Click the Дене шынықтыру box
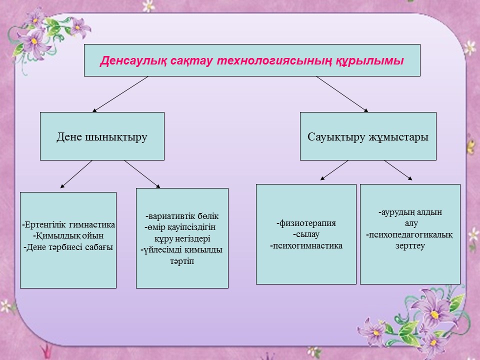[x=102, y=136]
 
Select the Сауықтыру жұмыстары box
[x=367, y=136]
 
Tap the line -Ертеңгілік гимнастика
[x=68, y=224]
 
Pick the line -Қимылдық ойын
[x=68, y=235]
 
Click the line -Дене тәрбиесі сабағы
[x=68, y=246]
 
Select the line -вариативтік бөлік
[x=182, y=216]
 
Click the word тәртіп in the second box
[x=182, y=261]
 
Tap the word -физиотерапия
[x=306, y=223]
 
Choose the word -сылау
[x=306, y=234]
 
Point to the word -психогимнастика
[x=306, y=245]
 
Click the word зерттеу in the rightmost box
[x=410, y=245]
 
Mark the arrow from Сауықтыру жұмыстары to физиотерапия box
[x=334, y=170]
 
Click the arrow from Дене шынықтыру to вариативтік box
[x=142, y=174]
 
